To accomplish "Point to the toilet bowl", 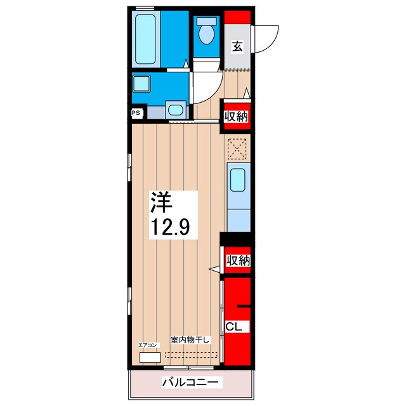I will pos(206,33).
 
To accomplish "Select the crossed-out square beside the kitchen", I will pos(237,150).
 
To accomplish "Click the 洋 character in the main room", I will pos(161,202).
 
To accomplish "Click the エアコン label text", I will pos(147,345).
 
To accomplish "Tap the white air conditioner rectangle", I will pos(150,357).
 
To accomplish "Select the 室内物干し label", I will pos(190,340).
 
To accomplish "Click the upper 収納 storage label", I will pos(235,116).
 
